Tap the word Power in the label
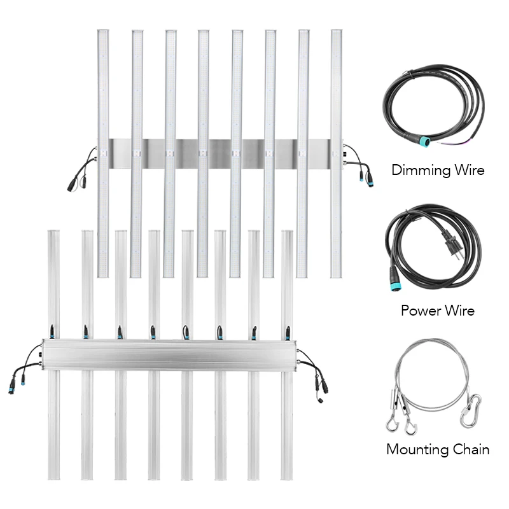(x=417, y=311)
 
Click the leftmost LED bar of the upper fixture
(x=103, y=153)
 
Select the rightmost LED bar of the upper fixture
(x=336, y=153)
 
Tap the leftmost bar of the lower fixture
(x=53, y=356)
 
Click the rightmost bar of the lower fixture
(x=287, y=356)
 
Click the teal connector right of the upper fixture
(x=368, y=181)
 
